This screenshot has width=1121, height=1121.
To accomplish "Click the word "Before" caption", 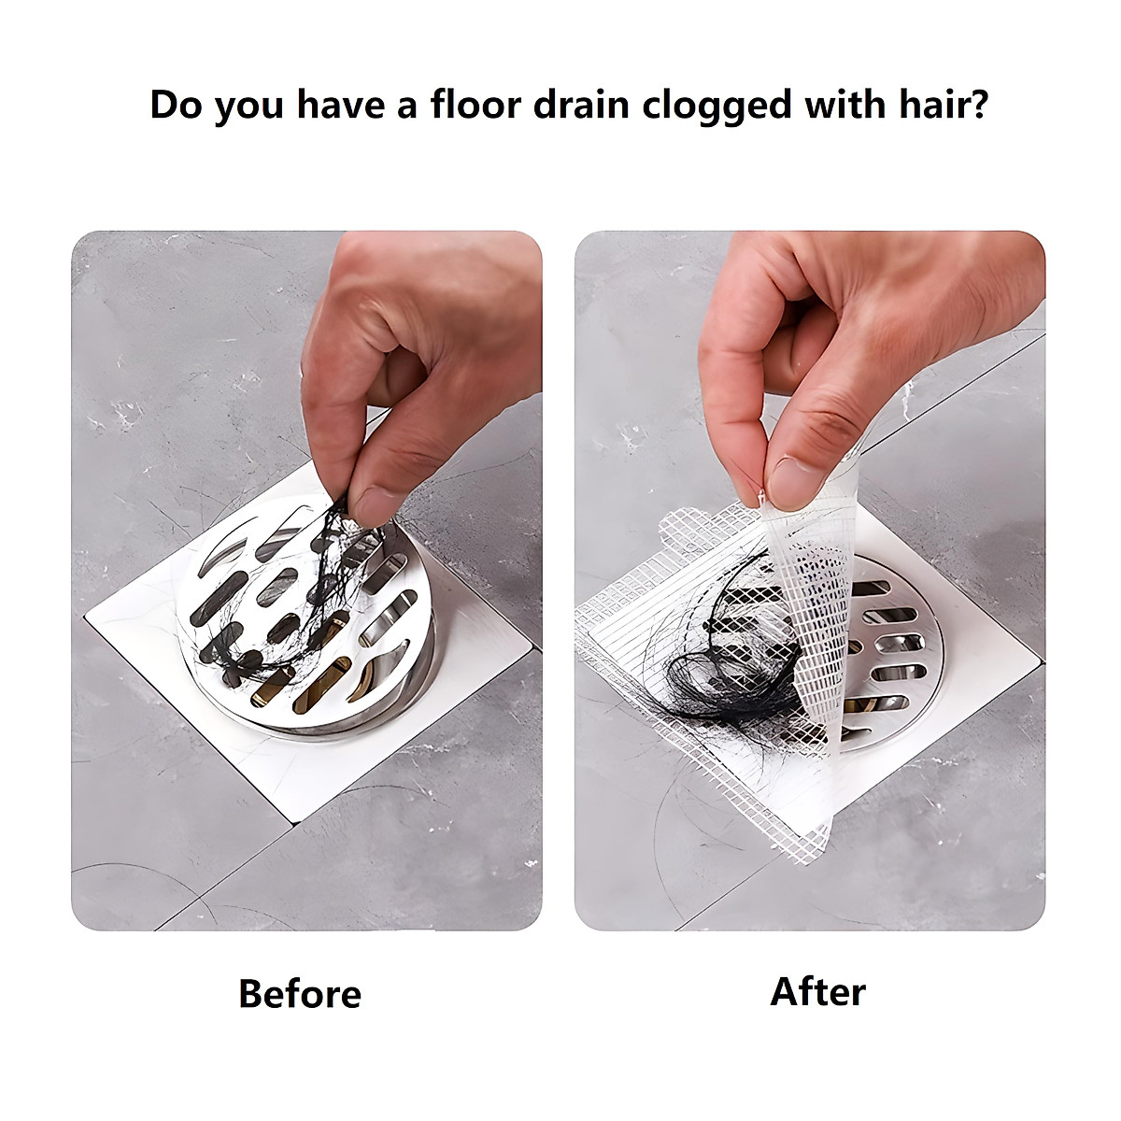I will [x=299, y=993].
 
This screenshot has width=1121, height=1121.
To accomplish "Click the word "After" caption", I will [x=817, y=991].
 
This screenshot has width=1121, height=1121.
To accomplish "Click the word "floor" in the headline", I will [x=475, y=105].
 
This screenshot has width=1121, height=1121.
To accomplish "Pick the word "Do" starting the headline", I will [x=177, y=105].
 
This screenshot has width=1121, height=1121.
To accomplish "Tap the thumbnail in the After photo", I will [x=794, y=480].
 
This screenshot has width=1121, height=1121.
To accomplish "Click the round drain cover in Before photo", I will [x=308, y=617].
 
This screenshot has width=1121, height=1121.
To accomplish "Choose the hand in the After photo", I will [x=841, y=346].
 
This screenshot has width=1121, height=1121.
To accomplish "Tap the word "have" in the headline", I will [x=342, y=105].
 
